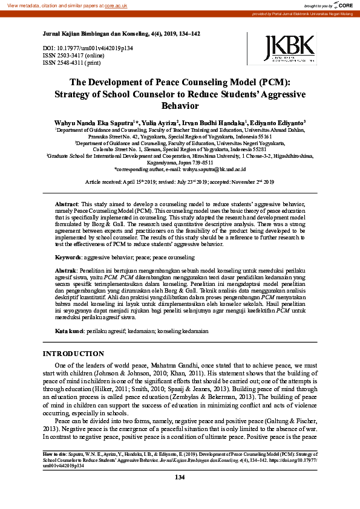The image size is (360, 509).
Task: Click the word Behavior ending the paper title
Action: (x=180, y=105)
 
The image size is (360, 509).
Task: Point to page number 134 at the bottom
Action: (x=180, y=478)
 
